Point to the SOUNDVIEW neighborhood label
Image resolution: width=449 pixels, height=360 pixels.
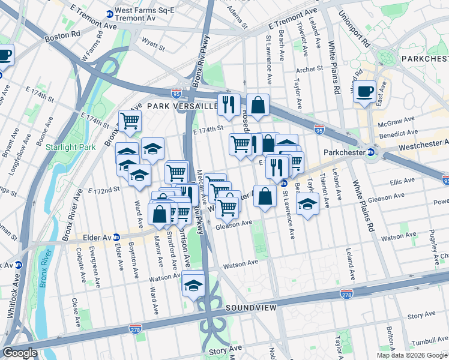pos(251,308)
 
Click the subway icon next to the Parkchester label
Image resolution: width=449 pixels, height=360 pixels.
pos(370,152)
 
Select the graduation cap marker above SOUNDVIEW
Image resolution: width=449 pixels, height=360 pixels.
pos(193,284)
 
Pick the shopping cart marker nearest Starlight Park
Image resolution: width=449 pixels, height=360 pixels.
pos(129,121)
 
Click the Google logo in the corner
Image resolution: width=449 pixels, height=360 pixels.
pos(20,353)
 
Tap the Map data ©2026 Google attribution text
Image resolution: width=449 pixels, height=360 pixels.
pos(412,355)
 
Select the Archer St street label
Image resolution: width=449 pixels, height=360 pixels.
pos(310,69)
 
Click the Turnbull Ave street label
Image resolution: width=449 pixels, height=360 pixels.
pos(427,339)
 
